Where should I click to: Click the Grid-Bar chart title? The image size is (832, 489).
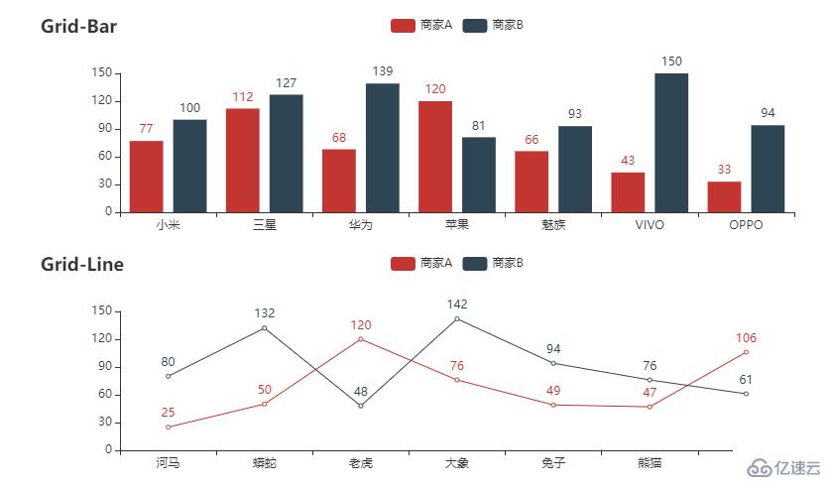(78, 27)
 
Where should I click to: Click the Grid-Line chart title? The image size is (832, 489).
(82, 264)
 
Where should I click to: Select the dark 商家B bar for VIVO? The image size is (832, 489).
(671, 143)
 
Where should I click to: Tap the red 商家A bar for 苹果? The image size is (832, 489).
(435, 157)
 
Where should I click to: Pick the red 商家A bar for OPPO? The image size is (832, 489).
(724, 196)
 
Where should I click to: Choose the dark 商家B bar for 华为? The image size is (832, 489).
(383, 148)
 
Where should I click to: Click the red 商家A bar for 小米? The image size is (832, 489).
(146, 177)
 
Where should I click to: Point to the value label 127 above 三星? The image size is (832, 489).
(287, 83)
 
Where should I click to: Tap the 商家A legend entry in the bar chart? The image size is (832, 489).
(421, 25)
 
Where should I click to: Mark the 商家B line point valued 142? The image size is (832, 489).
(457, 318)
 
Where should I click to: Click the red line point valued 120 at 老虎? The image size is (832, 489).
(361, 339)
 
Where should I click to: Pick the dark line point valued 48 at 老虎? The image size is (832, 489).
(361, 406)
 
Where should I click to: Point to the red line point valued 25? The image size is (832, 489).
(169, 427)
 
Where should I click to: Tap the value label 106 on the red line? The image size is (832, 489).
(746, 337)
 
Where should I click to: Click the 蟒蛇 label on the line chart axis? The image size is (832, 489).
(265, 463)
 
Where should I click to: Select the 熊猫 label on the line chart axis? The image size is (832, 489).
(650, 463)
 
